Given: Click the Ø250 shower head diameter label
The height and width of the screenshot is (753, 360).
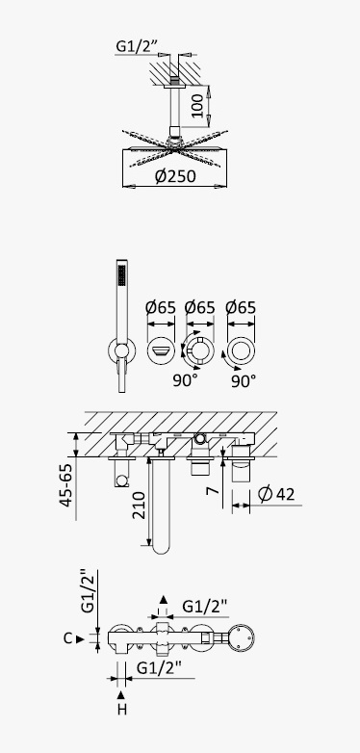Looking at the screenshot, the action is pyautogui.click(x=175, y=176).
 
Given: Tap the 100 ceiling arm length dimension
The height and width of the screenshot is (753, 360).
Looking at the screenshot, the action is pyautogui.click(x=197, y=106).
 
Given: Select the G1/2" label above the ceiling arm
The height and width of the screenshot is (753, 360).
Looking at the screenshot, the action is pyautogui.click(x=138, y=46).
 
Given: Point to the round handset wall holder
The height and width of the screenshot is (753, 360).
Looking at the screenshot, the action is pyautogui.click(x=122, y=351).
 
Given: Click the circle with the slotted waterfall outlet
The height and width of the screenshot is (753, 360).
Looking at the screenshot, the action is pyautogui.click(x=161, y=351).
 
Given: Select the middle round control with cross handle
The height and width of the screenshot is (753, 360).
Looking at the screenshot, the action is pyautogui.click(x=199, y=351).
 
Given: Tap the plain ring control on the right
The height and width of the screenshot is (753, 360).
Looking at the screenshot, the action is pyautogui.click(x=242, y=351).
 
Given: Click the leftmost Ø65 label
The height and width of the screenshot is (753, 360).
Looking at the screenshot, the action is pyautogui.click(x=161, y=307).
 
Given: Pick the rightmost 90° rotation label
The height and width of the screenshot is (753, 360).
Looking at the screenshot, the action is pyautogui.click(x=244, y=381).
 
